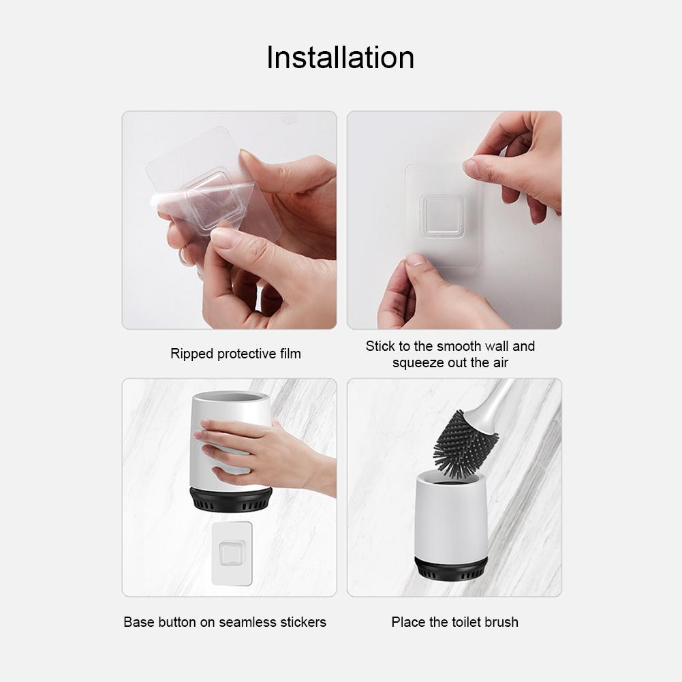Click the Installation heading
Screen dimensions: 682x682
coord(340,57)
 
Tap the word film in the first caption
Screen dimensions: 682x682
coord(290,353)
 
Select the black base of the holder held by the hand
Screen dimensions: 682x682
coord(231,499)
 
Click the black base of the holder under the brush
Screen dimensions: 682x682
coord(450,568)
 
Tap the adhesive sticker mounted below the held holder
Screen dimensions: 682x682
coord(232,554)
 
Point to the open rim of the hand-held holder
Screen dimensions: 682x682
coord(231,397)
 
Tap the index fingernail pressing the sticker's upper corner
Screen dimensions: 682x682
coord(469,166)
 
